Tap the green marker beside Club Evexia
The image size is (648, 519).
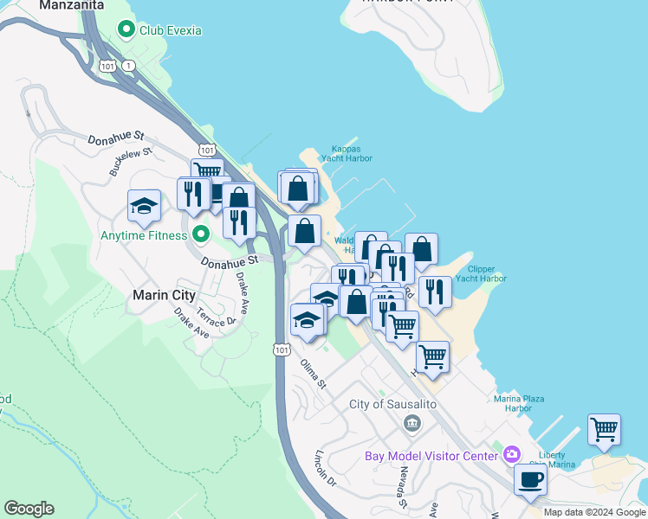(127, 29)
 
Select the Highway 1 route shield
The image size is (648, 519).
(129, 66)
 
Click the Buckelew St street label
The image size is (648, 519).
(130, 162)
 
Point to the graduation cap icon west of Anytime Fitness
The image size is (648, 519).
(144, 206)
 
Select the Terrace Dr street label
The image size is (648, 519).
(217, 317)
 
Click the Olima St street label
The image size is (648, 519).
(314, 372)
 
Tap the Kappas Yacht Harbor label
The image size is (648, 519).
(345, 153)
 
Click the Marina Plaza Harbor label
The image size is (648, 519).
(519, 403)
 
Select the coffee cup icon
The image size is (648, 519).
(530, 480)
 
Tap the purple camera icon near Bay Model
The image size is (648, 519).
(512, 455)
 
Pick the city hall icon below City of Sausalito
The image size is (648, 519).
(411, 423)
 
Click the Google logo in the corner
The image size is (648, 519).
(29, 509)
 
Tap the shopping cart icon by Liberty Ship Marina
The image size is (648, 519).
(604, 428)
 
